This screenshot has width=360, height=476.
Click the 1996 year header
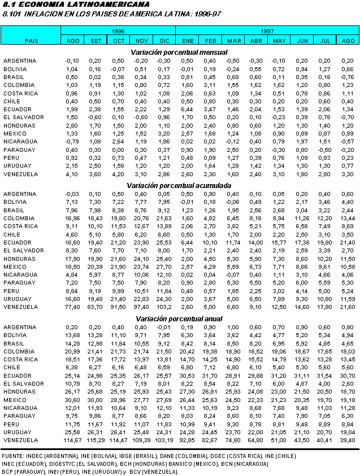[118, 31]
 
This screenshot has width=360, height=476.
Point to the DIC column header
[164, 41]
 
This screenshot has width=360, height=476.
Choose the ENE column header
[188, 41]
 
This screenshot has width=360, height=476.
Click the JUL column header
[326, 41]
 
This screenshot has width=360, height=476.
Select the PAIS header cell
[32, 41]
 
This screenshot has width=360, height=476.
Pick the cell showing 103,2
[164, 306]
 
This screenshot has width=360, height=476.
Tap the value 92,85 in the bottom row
[188, 439]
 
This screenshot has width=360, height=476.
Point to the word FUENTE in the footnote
[12, 455]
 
